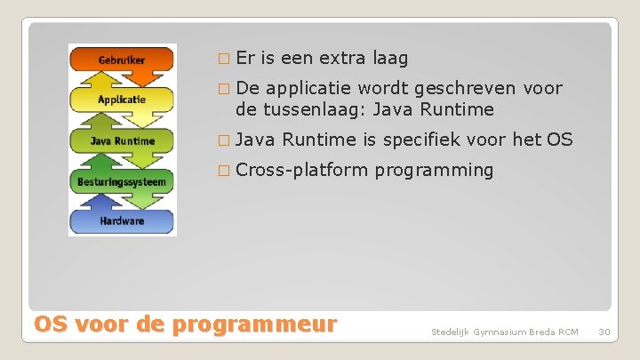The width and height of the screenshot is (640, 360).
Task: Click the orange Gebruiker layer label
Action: pos(123,60)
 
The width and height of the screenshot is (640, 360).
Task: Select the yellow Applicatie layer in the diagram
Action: pos(123,100)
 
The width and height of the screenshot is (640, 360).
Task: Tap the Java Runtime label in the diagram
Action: pos(123,140)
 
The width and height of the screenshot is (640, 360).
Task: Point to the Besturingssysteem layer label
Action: pos(123,180)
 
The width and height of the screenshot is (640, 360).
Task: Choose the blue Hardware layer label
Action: pos(123,220)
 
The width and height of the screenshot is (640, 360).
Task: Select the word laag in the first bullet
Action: pos(390,59)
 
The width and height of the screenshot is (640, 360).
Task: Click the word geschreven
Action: pos(462,88)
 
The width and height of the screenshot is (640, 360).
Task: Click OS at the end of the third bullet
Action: pos(560,139)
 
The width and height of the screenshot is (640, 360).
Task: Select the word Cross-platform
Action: pos(301,170)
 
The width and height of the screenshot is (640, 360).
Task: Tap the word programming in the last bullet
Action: pos(434,170)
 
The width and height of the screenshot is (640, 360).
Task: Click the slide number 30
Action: pos(604,332)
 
